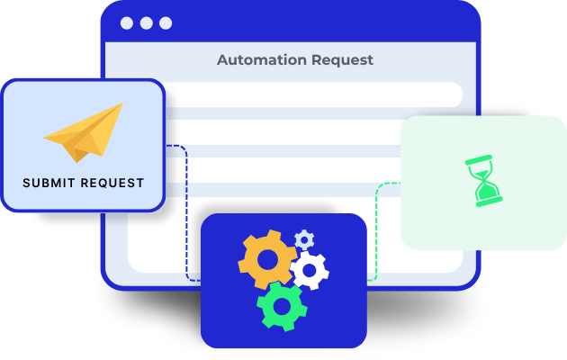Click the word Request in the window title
tap(342, 60)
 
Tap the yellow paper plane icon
tap(84, 132)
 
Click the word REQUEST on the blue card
tap(112, 183)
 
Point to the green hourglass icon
tap(483, 181)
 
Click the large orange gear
tap(267, 259)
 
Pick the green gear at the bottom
tap(282, 307)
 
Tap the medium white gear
tap(310, 270)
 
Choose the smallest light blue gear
tap(304, 239)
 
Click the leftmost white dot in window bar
tap(127, 23)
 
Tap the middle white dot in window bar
tap(146, 23)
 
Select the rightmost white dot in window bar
tap(166, 23)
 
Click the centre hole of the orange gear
tap(267, 259)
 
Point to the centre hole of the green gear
tap(282, 307)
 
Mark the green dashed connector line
tap(376, 231)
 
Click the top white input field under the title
tap(314, 94)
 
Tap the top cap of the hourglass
tap(479, 160)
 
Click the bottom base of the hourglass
tap(489, 202)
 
